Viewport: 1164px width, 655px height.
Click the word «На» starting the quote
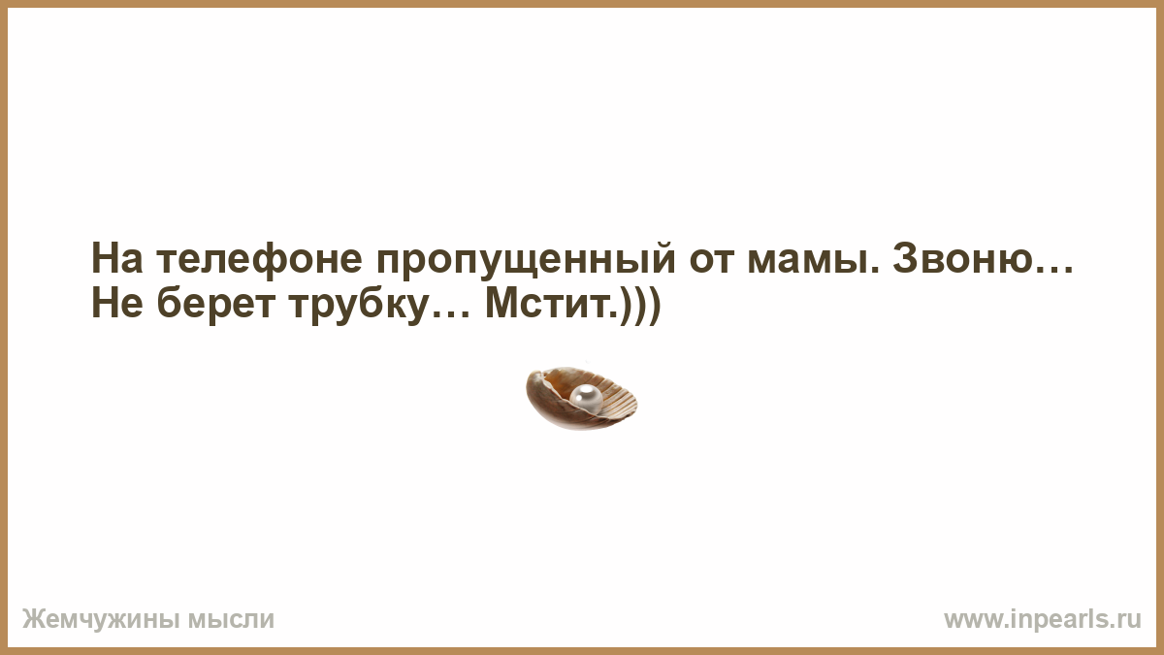117,258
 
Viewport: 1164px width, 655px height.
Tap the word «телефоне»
259,258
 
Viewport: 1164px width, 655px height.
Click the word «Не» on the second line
117,304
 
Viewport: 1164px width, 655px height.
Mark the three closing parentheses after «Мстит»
640,307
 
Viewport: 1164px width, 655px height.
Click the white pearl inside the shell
586,399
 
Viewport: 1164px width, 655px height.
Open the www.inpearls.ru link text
1043,620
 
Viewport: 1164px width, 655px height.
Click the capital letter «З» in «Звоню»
906,258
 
